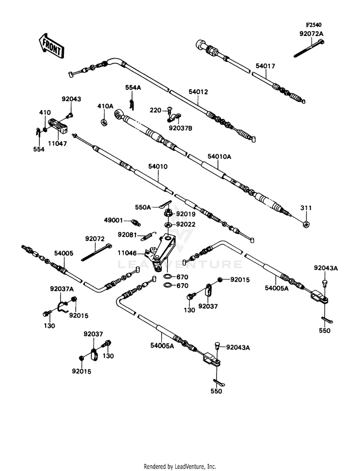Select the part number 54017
(265, 66)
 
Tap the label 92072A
(312, 33)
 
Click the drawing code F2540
(313, 25)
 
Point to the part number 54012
(198, 92)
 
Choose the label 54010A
(219, 157)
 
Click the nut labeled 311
(306, 224)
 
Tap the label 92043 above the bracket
(72, 99)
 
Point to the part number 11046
(127, 253)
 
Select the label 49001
(113, 220)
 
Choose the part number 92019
(186, 214)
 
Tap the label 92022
(186, 224)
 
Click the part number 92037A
(62, 289)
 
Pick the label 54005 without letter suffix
(64, 254)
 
